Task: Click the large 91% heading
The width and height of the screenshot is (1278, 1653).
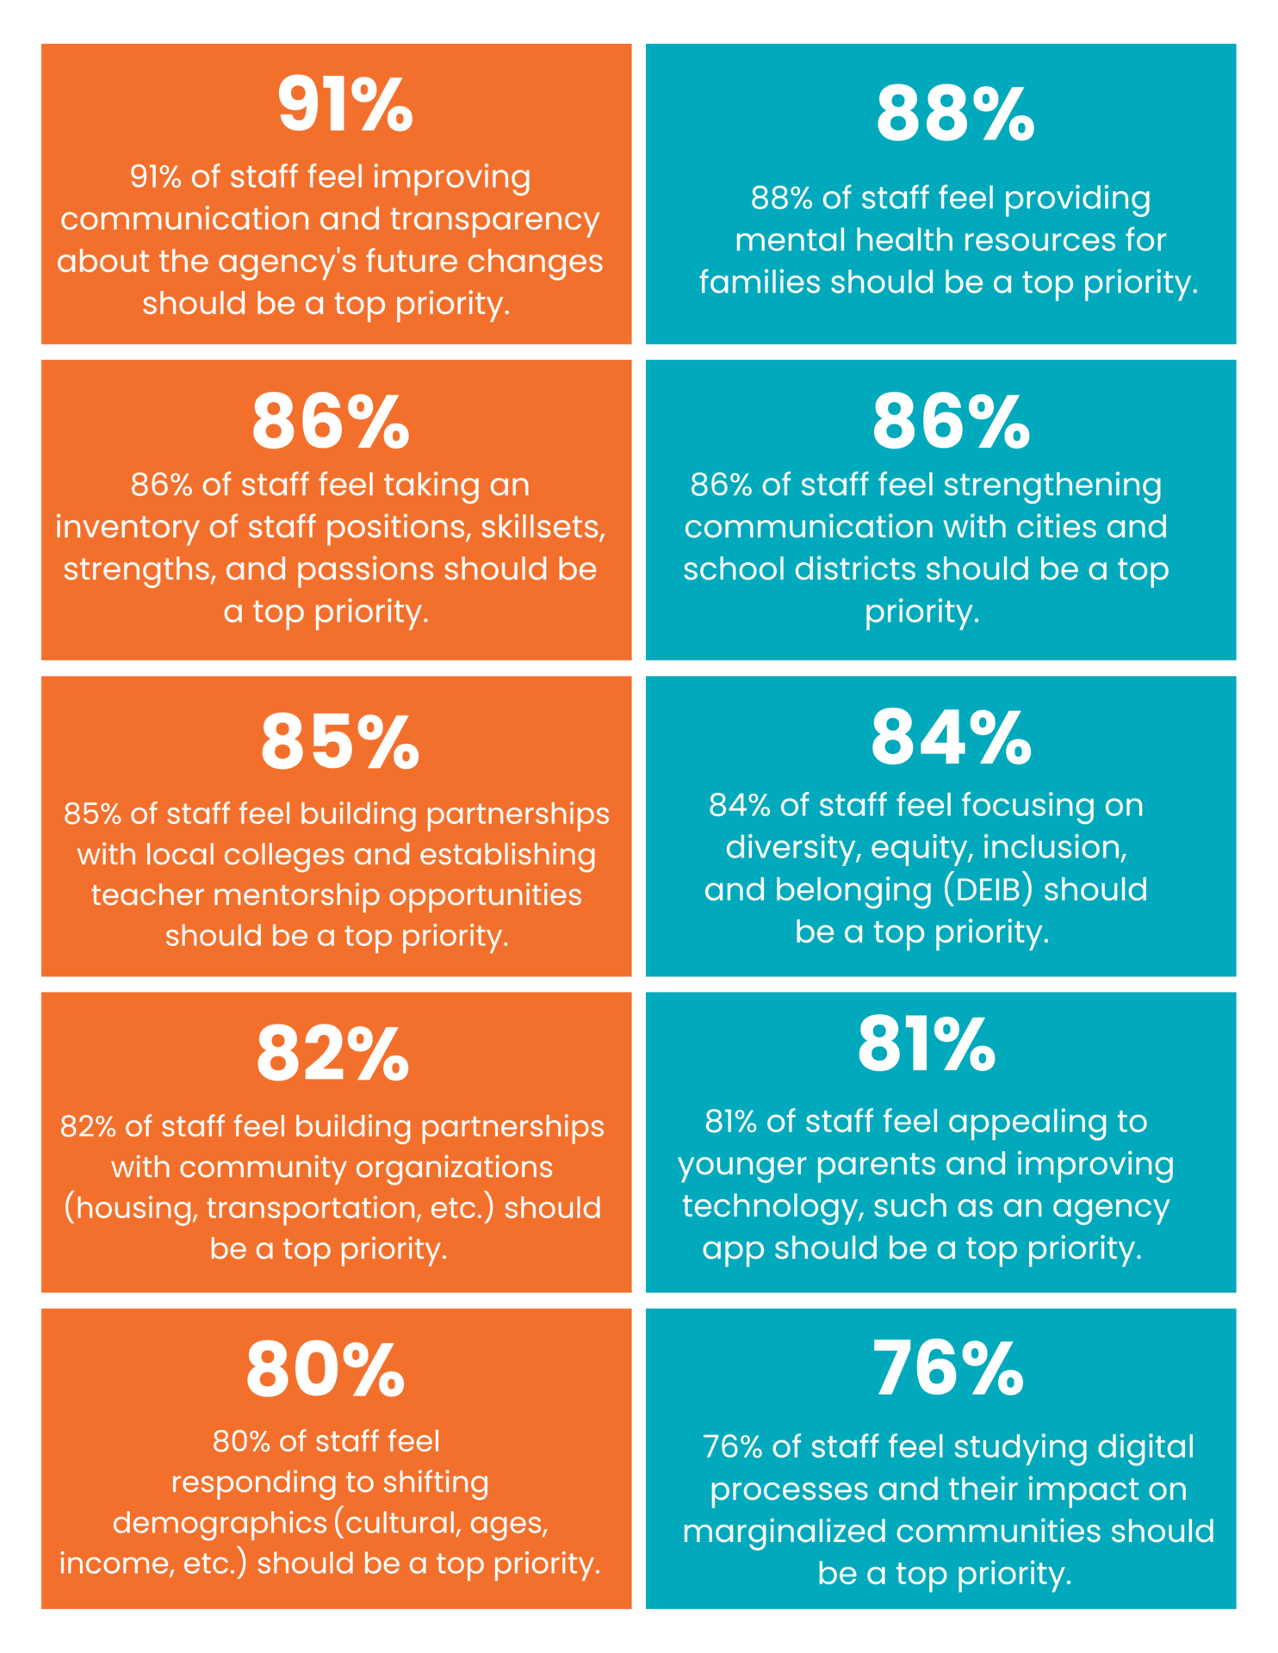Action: pos(344,105)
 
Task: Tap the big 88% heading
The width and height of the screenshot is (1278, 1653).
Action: pos(954,115)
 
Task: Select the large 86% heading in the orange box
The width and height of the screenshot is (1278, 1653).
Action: pos(330,422)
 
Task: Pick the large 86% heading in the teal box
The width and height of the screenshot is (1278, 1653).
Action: pos(951,422)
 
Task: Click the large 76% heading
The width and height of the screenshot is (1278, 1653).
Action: pos(948,1370)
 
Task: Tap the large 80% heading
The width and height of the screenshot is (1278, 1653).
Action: pos(326,1370)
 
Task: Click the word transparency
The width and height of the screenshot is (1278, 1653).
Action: pos(494,220)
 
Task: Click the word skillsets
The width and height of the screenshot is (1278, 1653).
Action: pos(543,527)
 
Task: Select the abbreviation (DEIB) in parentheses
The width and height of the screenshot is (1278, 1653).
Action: pos(988,890)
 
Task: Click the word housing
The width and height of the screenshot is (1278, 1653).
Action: pos(131,1208)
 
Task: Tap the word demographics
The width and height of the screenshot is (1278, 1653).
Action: pos(220,1523)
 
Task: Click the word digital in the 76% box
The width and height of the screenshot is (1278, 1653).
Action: pos(1145,1447)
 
